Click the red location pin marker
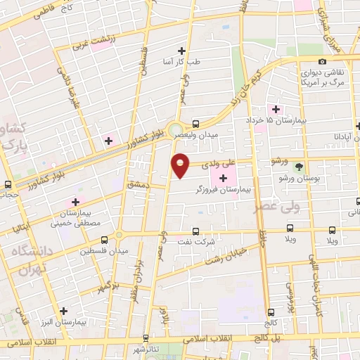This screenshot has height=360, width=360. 181,165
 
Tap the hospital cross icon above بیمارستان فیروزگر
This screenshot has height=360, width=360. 224,179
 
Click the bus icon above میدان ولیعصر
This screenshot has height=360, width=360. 195,122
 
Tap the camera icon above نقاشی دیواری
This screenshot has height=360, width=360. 322,62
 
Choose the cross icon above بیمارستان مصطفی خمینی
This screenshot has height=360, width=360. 75,202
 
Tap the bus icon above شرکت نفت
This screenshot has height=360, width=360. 195,231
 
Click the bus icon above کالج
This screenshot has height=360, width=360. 269,311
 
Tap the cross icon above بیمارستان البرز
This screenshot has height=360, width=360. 64,310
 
